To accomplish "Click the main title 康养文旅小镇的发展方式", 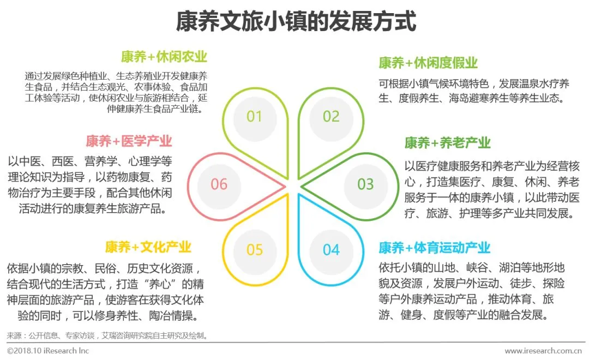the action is [x=295, y=22].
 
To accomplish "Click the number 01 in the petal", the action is [x=255, y=116].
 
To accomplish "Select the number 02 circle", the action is [x=331, y=116].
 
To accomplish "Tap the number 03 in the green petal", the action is [x=365, y=184].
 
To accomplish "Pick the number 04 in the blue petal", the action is [x=331, y=250].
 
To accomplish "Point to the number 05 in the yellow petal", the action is [x=255, y=250].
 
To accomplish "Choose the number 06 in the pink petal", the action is [x=219, y=184].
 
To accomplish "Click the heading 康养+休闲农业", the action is [x=164, y=57].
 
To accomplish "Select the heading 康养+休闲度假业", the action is [x=428, y=63].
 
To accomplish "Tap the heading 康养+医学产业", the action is [x=129, y=141].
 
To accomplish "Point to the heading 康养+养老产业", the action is [x=447, y=143].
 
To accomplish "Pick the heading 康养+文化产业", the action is [x=148, y=247].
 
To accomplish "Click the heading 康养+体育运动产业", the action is [x=435, y=248].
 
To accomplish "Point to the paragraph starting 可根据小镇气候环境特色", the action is [x=474, y=91].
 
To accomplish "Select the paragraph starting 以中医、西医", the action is [x=90, y=185].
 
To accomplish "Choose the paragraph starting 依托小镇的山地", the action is [x=472, y=291].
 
